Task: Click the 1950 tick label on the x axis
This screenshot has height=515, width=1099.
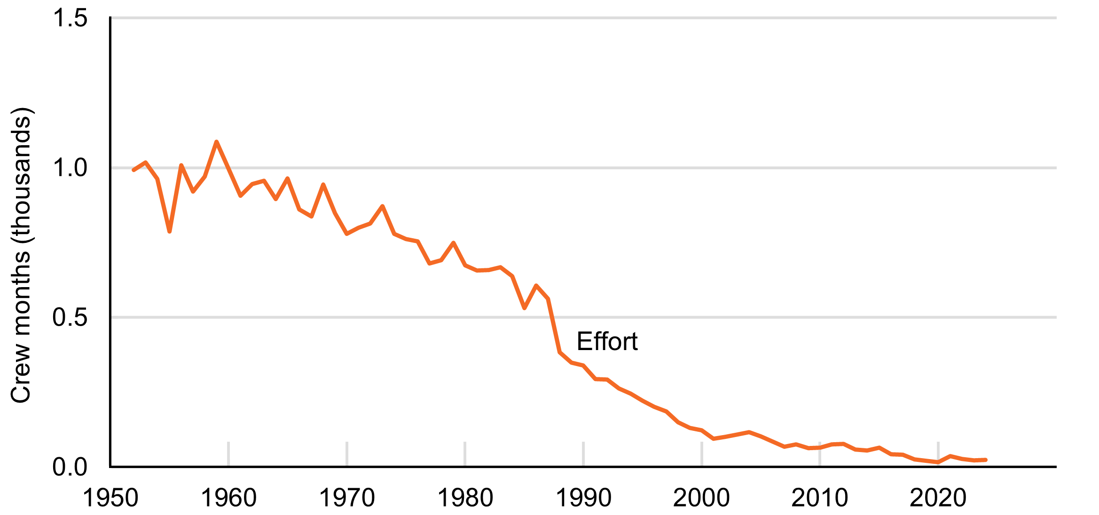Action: point(110,498)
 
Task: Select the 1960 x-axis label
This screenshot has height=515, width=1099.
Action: point(228,498)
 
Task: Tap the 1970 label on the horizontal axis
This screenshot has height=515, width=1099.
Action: point(347,498)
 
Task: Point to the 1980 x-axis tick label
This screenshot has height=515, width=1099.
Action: point(465,498)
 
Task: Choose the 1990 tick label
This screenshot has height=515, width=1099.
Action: point(583,498)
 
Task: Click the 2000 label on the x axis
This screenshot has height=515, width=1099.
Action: point(701,498)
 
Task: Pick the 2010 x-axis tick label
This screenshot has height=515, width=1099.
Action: point(820,498)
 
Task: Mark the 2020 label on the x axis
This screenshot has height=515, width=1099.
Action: point(938,498)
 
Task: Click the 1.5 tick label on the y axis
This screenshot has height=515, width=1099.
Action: point(70,19)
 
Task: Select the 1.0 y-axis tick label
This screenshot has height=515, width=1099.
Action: point(70,168)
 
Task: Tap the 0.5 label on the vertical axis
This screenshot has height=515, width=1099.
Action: point(70,318)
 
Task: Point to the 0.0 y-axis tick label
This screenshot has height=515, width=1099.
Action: point(70,467)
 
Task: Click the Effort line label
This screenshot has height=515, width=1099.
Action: point(607,342)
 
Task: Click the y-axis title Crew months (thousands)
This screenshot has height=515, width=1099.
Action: point(21,255)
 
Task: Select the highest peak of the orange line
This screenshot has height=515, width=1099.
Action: point(216,141)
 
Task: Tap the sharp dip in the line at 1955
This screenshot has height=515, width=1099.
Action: point(169,231)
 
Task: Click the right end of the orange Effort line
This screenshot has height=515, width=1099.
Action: point(985,460)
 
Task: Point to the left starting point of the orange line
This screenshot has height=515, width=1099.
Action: point(134,170)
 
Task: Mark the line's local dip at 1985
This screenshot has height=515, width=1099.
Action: point(524,308)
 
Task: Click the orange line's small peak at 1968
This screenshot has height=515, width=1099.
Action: point(323,185)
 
